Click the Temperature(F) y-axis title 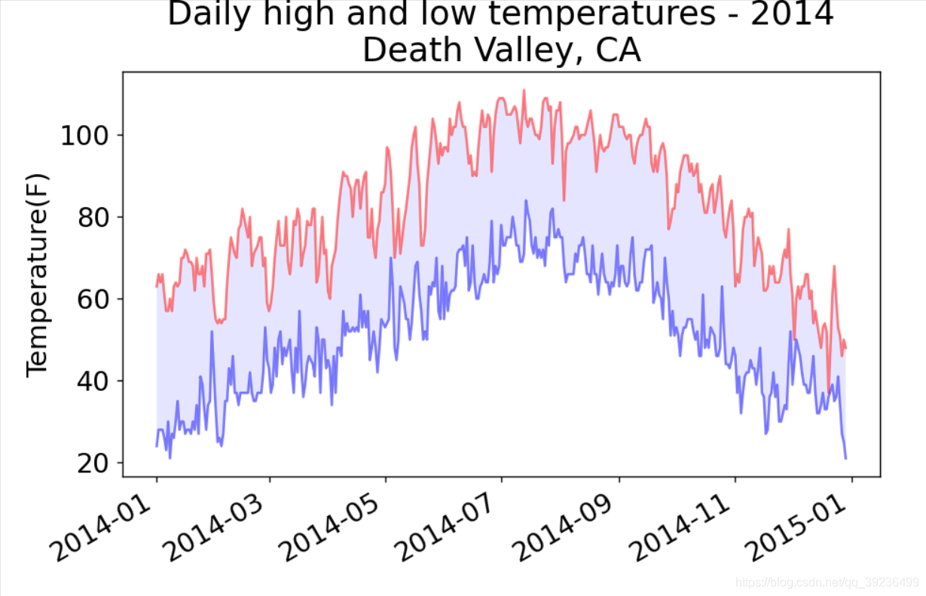tap(37, 274)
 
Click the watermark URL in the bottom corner tap(827, 582)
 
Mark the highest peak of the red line tap(524, 90)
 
